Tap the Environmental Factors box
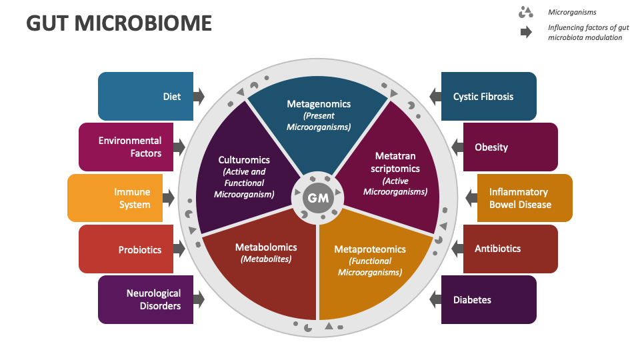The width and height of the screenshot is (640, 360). pyautogui.click(x=126, y=147)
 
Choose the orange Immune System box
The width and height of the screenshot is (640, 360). pyautogui.click(x=115, y=198)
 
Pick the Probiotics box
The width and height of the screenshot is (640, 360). pyautogui.click(x=126, y=249)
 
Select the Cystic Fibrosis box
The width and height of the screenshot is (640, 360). pyautogui.click(x=489, y=96)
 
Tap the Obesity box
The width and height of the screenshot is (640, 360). pyautogui.click(x=510, y=147)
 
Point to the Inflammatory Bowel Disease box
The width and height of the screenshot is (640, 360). pyautogui.click(x=525, y=198)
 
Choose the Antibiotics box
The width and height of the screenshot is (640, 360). pyautogui.click(x=510, y=249)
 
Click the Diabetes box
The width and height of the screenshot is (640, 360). pyautogui.click(x=489, y=299)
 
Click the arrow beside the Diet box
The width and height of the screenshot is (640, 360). pyautogui.click(x=198, y=96)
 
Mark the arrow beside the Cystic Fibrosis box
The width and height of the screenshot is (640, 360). pyautogui.click(x=435, y=96)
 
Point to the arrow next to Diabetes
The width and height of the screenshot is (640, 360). pyautogui.click(x=435, y=299)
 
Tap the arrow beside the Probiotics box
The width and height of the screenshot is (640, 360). pyautogui.click(x=179, y=249)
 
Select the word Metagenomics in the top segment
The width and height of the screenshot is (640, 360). pyautogui.click(x=319, y=104)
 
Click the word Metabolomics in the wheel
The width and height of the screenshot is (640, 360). pyautogui.click(x=266, y=247)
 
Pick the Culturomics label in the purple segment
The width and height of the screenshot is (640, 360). pyautogui.click(x=244, y=159)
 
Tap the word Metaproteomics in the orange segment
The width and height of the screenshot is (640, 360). pyautogui.click(x=369, y=249)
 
